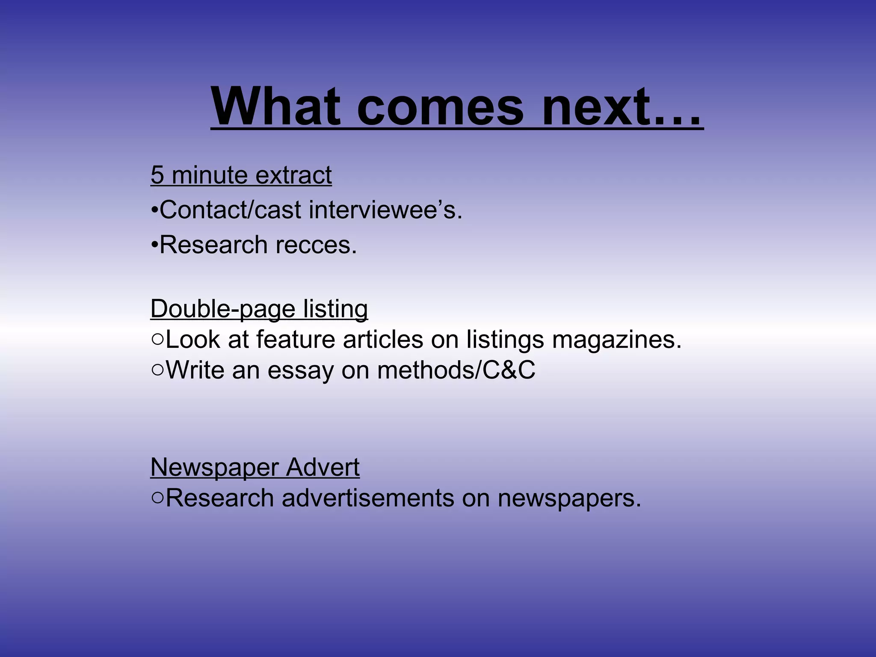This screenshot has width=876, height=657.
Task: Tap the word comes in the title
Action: pyautogui.click(x=441, y=107)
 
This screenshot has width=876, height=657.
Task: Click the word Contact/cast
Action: pyautogui.click(x=231, y=210)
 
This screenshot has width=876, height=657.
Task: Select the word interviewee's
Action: pyautogui.click(x=385, y=210)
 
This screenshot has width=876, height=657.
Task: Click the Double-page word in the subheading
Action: pyautogui.click(x=223, y=309)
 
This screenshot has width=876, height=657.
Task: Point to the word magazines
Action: pyautogui.click(x=616, y=340)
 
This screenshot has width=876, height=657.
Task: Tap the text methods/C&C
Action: pyautogui.click(x=456, y=370)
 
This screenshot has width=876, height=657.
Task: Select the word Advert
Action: pyautogui.click(x=323, y=467)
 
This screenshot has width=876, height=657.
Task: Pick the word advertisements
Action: pyautogui.click(x=368, y=498)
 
